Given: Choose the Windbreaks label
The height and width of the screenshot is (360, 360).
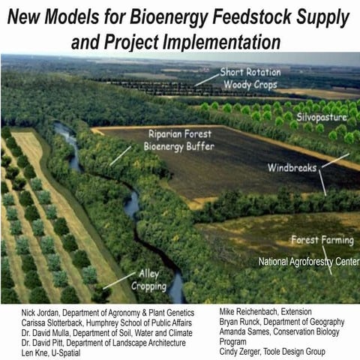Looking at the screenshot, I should [x=298, y=167].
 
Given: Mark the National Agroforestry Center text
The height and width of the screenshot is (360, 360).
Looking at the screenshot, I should [x=309, y=262].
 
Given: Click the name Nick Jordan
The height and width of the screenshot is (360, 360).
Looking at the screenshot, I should [x=23, y=311].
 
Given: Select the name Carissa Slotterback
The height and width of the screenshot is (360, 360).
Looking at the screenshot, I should [x=39, y=321].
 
